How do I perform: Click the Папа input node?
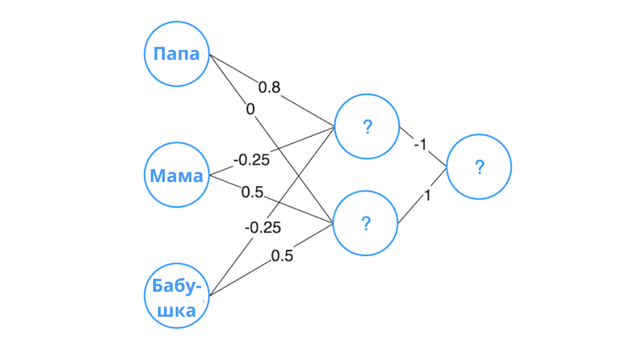(177, 54)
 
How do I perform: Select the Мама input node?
(177, 175)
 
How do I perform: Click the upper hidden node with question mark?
(367, 126)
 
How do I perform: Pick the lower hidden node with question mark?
(366, 224)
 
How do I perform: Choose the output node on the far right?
(479, 167)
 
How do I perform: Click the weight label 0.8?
(269, 88)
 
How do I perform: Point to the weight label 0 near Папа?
(250, 109)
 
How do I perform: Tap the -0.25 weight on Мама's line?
(251, 160)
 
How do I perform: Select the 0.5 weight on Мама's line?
(252, 193)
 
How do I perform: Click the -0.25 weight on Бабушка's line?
(262, 227)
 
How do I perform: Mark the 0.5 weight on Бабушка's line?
(282, 256)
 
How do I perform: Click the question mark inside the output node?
(480, 167)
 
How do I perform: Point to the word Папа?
(176, 54)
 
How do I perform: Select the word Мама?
(176, 176)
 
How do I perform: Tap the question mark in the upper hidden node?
(367, 126)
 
